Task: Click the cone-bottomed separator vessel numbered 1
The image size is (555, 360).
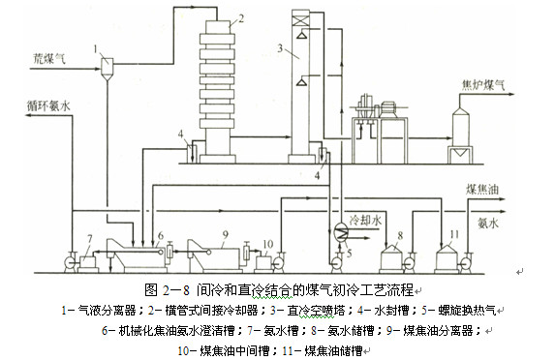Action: click(x=105, y=65)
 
